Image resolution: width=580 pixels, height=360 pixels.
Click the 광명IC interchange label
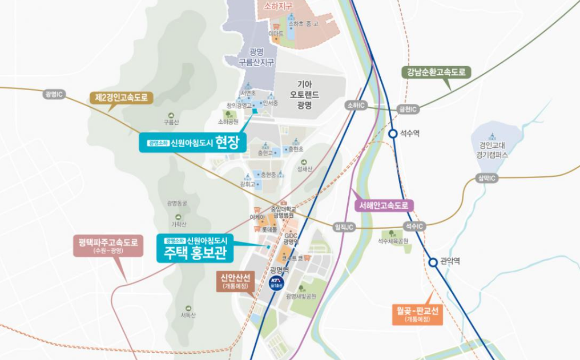[56, 94]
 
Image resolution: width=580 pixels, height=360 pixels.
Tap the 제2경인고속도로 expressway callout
[121, 98]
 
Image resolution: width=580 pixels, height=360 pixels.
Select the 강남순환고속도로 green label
[436, 72]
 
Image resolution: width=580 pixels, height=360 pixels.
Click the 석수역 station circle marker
[393, 134]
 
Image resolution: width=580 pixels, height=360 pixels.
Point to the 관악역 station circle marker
[433, 262]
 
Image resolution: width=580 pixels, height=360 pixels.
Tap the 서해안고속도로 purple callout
[384, 205]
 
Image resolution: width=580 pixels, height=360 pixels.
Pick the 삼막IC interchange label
[486, 179]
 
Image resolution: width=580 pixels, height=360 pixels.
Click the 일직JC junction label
[344, 227]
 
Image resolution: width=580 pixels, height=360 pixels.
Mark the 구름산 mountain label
[171, 122]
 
